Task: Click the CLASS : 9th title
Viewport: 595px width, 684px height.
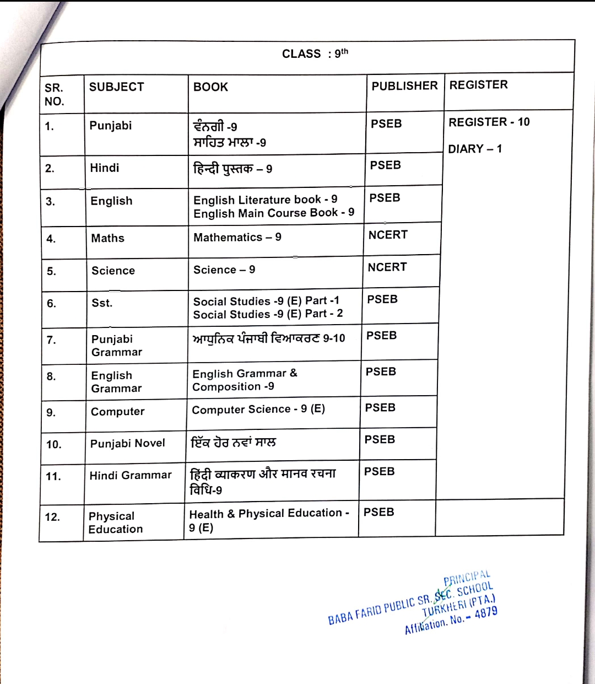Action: (315, 53)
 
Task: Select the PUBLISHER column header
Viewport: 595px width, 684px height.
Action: (404, 86)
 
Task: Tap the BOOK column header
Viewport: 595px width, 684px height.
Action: (210, 87)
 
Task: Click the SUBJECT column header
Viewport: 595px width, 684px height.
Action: (116, 87)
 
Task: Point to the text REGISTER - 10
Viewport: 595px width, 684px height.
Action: (489, 122)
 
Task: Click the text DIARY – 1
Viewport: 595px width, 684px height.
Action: (475, 149)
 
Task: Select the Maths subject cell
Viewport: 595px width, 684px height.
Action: (108, 238)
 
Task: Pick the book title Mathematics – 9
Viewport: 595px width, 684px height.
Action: (237, 237)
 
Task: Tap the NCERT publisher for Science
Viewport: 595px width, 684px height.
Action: (387, 267)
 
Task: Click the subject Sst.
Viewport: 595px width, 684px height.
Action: (102, 303)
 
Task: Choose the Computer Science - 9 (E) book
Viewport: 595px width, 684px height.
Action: (258, 409)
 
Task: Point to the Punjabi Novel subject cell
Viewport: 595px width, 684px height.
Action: (128, 443)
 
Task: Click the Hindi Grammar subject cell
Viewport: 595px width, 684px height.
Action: (131, 475)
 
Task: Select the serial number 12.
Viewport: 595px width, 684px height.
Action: (52, 517)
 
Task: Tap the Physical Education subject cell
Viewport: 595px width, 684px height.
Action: (116, 523)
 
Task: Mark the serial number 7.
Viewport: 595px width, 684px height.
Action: (51, 340)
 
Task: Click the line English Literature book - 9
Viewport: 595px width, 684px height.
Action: (266, 200)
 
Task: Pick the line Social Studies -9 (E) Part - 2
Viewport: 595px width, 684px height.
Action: (268, 314)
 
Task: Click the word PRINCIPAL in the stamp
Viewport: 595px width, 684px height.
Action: (467, 578)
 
